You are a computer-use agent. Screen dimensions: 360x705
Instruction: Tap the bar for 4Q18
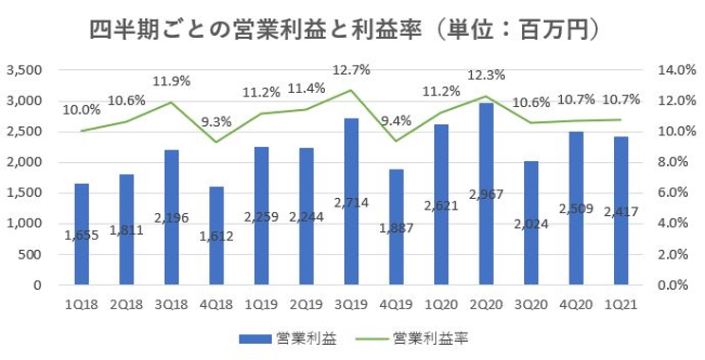(x=216, y=236)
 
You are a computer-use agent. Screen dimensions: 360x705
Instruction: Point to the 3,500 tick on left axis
(x=26, y=70)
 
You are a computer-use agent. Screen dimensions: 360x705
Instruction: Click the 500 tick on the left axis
(x=33, y=254)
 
